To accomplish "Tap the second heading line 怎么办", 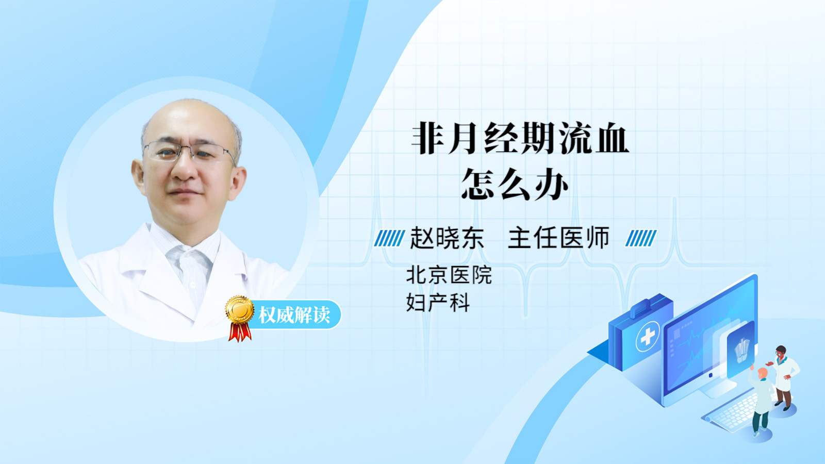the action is pyautogui.click(x=515, y=184).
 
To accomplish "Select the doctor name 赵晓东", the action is pyautogui.click(x=447, y=238).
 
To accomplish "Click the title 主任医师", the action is pyautogui.click(x=558, y=238).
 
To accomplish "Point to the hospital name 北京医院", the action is pyautogui.click(x=449, y=275).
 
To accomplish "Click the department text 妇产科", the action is pyautogui.click(x=438, y=303).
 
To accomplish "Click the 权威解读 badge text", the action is pyautogui.click(x=294, y=315).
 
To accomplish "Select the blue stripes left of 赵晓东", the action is pyautogui.click(x=389, y=238).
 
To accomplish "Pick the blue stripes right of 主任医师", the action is pyautogui.click(x=641, y=238).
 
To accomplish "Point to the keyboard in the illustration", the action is pyautogui.click(x=731, y=413).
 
